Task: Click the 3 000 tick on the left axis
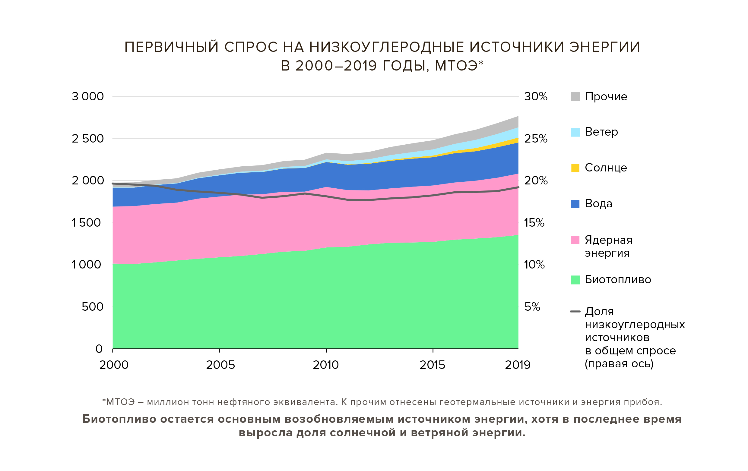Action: (87, 96)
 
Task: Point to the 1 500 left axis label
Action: (86, 222)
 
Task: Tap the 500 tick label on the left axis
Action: (92, 306)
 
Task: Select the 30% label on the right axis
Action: (536, 96)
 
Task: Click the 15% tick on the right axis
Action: (534, 222)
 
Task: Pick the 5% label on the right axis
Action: (532, 306)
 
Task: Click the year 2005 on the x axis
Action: (220, 365)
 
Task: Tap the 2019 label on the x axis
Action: (518, 365)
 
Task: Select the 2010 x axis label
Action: (326, 365)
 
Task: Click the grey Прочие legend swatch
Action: (575, 96)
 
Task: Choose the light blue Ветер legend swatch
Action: (575, 132)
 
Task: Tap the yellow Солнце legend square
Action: (575, 168)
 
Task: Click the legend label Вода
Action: (598, 203)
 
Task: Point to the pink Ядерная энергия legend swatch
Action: (575, 240)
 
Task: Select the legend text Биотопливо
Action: (618, 280)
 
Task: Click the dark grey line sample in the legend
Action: (575, 311)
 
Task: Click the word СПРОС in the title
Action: (251, 47)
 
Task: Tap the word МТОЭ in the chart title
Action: (456, 66)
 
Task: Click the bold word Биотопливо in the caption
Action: (119, 419)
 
